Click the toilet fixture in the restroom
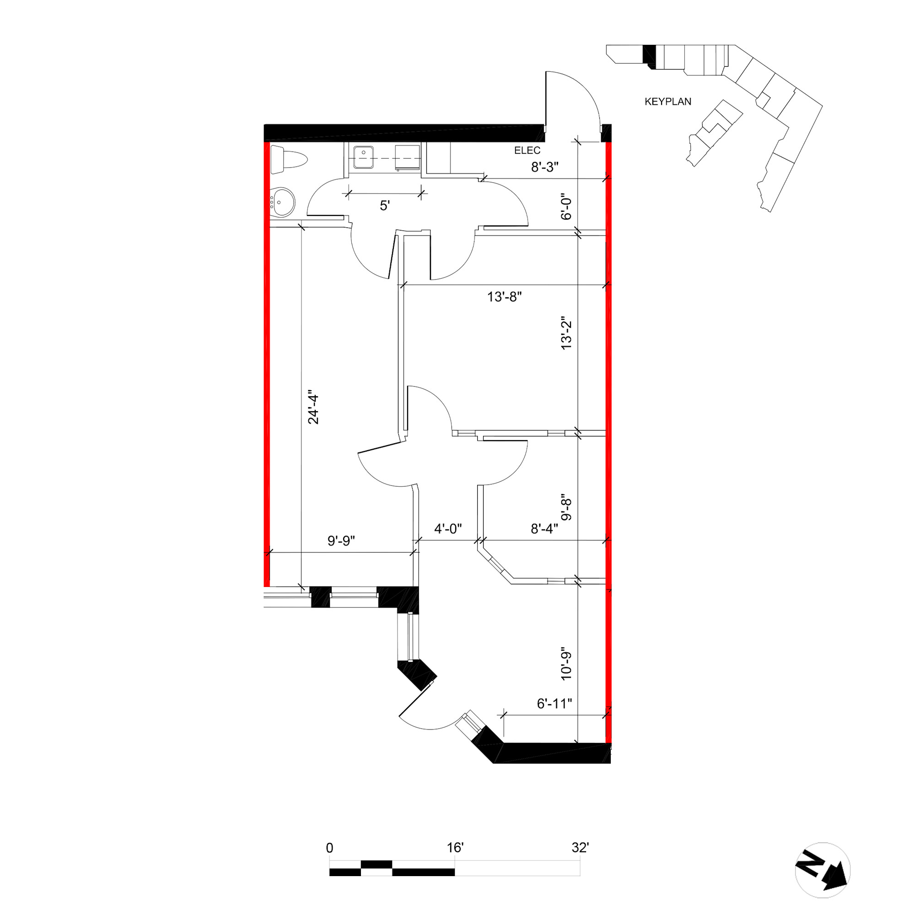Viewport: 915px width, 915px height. (288, 160)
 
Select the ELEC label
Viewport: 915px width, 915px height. (527, 151)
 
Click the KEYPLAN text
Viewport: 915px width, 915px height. (668, 102)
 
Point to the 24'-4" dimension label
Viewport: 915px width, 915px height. (313, 407)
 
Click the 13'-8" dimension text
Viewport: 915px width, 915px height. (504, 297)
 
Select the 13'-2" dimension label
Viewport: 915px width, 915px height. (566, 333)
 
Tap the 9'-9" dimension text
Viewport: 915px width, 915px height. (341, 541)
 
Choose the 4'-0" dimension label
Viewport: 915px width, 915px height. (448, 528)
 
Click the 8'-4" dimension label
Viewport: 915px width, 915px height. (544, 528)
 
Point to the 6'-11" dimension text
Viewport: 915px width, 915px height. (554, 704)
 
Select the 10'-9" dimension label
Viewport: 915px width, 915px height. (566, 663)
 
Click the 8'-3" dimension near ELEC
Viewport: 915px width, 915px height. (544, 167)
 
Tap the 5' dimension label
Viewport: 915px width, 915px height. (385, 205)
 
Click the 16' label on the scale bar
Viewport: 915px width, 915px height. (455, 848)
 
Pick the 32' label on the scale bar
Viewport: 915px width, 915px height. (580, 848)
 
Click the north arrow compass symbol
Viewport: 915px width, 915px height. (823, 871)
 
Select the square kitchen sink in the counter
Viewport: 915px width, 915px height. (363, 157)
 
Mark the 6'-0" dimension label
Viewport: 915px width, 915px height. (566, 206)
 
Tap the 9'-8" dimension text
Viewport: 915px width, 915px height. (566, 509)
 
